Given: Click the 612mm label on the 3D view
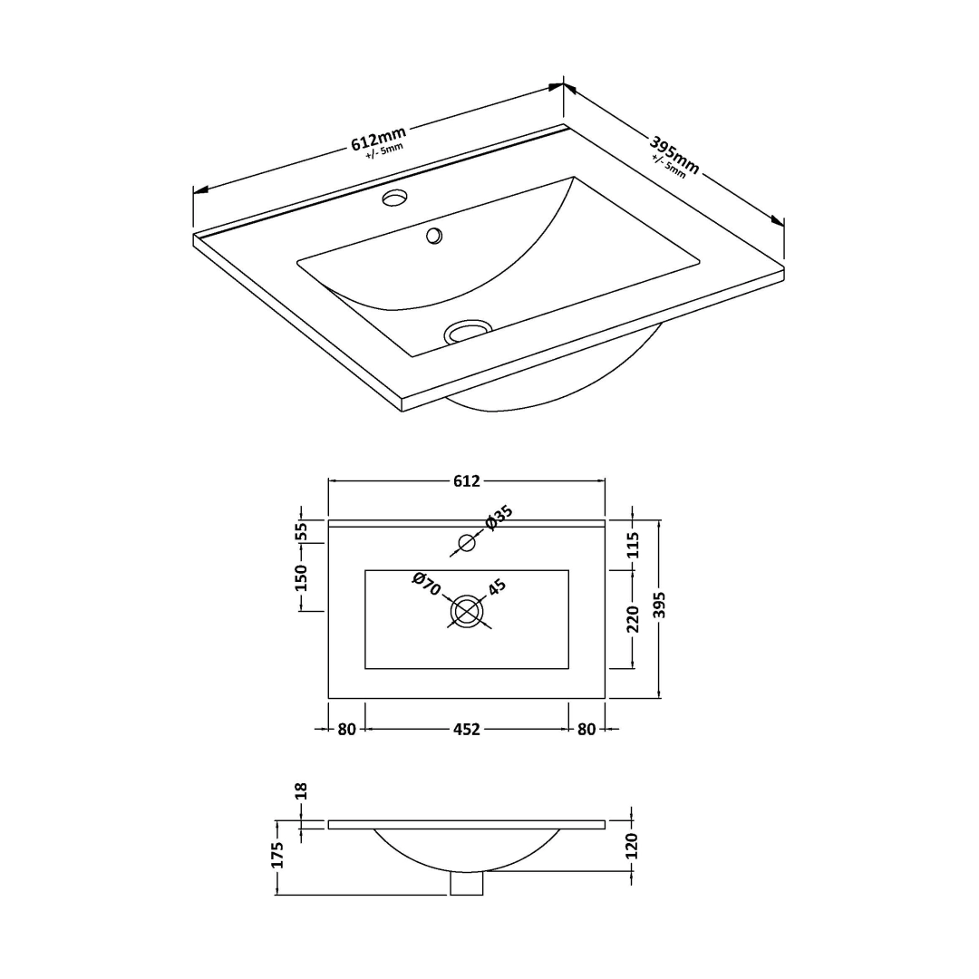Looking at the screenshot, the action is pos(379,139).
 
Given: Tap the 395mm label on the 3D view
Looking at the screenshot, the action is pos(674,155).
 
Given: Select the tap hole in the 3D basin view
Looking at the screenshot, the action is pos(395,198).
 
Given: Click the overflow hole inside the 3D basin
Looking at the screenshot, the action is pos(434,236).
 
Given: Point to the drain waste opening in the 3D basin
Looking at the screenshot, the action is pos(468,331).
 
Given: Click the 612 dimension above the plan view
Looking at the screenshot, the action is pos(467,480).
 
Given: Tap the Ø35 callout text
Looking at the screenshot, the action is pos(499,518).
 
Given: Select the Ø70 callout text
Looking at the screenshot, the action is pos(427,584).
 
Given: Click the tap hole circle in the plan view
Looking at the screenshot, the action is pos(467,543).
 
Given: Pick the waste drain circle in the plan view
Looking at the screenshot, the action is pos(467,611).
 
